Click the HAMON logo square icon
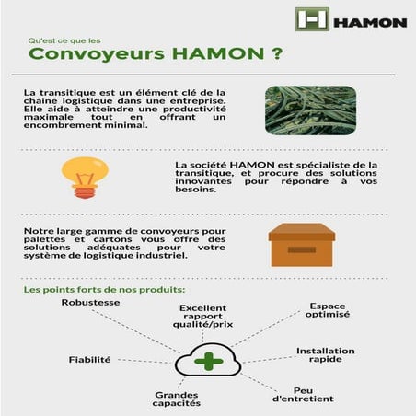311,19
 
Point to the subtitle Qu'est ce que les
62,40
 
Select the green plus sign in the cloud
209,359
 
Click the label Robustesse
91,302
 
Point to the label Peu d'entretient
304,396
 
